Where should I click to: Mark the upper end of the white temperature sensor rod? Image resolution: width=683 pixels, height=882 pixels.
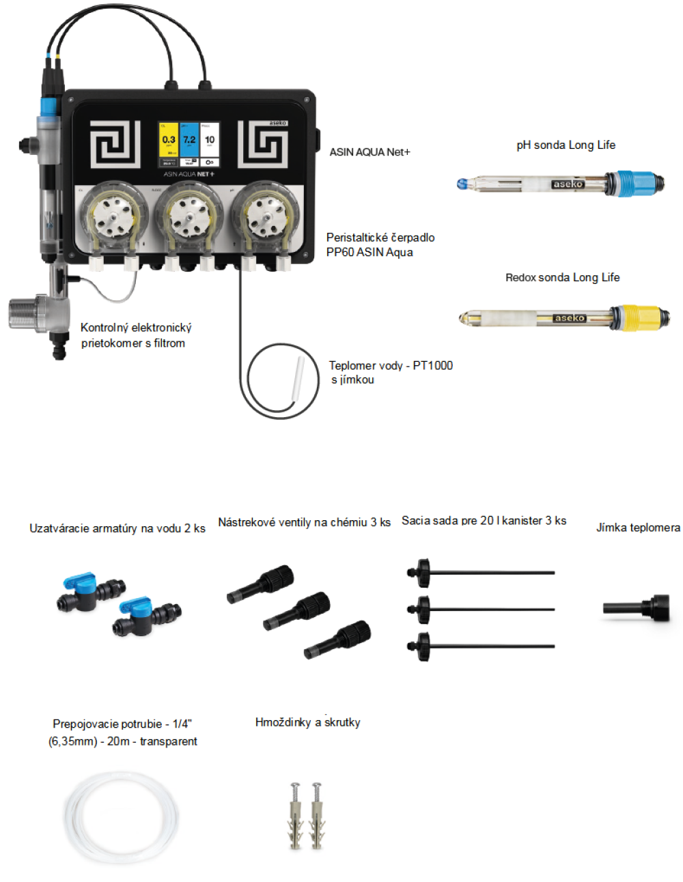point(301,358)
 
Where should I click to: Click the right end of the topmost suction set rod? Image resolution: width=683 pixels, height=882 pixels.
point(553,573)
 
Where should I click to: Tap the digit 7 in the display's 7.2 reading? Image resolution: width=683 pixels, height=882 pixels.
point(186,140)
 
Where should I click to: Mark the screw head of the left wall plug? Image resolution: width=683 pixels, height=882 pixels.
point(295,786)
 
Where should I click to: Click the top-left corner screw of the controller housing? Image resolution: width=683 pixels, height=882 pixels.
point(71,99)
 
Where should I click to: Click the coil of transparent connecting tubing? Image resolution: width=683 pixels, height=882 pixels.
point(121,817)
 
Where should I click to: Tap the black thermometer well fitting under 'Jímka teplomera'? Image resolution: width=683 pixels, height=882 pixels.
point(637,608)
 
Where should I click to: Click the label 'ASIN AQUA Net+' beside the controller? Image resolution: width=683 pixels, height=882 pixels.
point(370,152)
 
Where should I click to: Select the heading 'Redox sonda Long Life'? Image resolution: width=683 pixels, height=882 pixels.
point(562,278)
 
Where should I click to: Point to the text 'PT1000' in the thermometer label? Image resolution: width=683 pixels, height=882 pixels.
point(432,365)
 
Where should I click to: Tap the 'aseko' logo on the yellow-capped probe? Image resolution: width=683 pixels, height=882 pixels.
point(568,318)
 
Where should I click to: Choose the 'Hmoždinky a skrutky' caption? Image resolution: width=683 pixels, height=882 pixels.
point(308,722)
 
